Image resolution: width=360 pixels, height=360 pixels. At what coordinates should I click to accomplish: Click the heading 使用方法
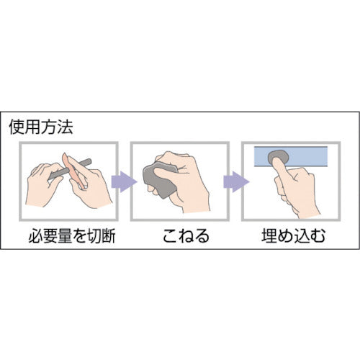(x=41, y=127)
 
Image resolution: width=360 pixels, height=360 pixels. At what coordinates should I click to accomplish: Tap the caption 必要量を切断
(x=72, y=235)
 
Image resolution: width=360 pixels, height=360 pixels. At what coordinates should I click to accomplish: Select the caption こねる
(x=186, y=235)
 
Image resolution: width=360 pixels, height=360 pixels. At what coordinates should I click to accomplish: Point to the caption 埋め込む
(x=293, y=235)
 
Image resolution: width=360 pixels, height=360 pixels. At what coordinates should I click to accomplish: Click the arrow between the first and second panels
(x=124, y=181)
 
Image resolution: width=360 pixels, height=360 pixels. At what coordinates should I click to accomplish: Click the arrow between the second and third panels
(x=236, y=181)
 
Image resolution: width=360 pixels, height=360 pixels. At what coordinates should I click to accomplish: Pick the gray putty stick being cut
(x=70, y=169)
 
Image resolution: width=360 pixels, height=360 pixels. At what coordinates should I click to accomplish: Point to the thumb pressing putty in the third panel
(x=281, y=171)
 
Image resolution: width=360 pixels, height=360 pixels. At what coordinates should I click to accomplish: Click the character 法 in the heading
(x=65, y=127)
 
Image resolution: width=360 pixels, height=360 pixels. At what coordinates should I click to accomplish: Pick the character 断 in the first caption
(x=108, y=235)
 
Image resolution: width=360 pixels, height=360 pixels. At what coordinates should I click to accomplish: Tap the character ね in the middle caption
(x=186, y=235)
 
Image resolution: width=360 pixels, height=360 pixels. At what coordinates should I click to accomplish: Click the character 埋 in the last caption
(x=269, y=235)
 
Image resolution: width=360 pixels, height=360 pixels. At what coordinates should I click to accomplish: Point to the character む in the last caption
(x=318, y=235)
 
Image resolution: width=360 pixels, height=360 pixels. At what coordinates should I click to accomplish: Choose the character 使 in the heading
(x=17, y=127)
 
